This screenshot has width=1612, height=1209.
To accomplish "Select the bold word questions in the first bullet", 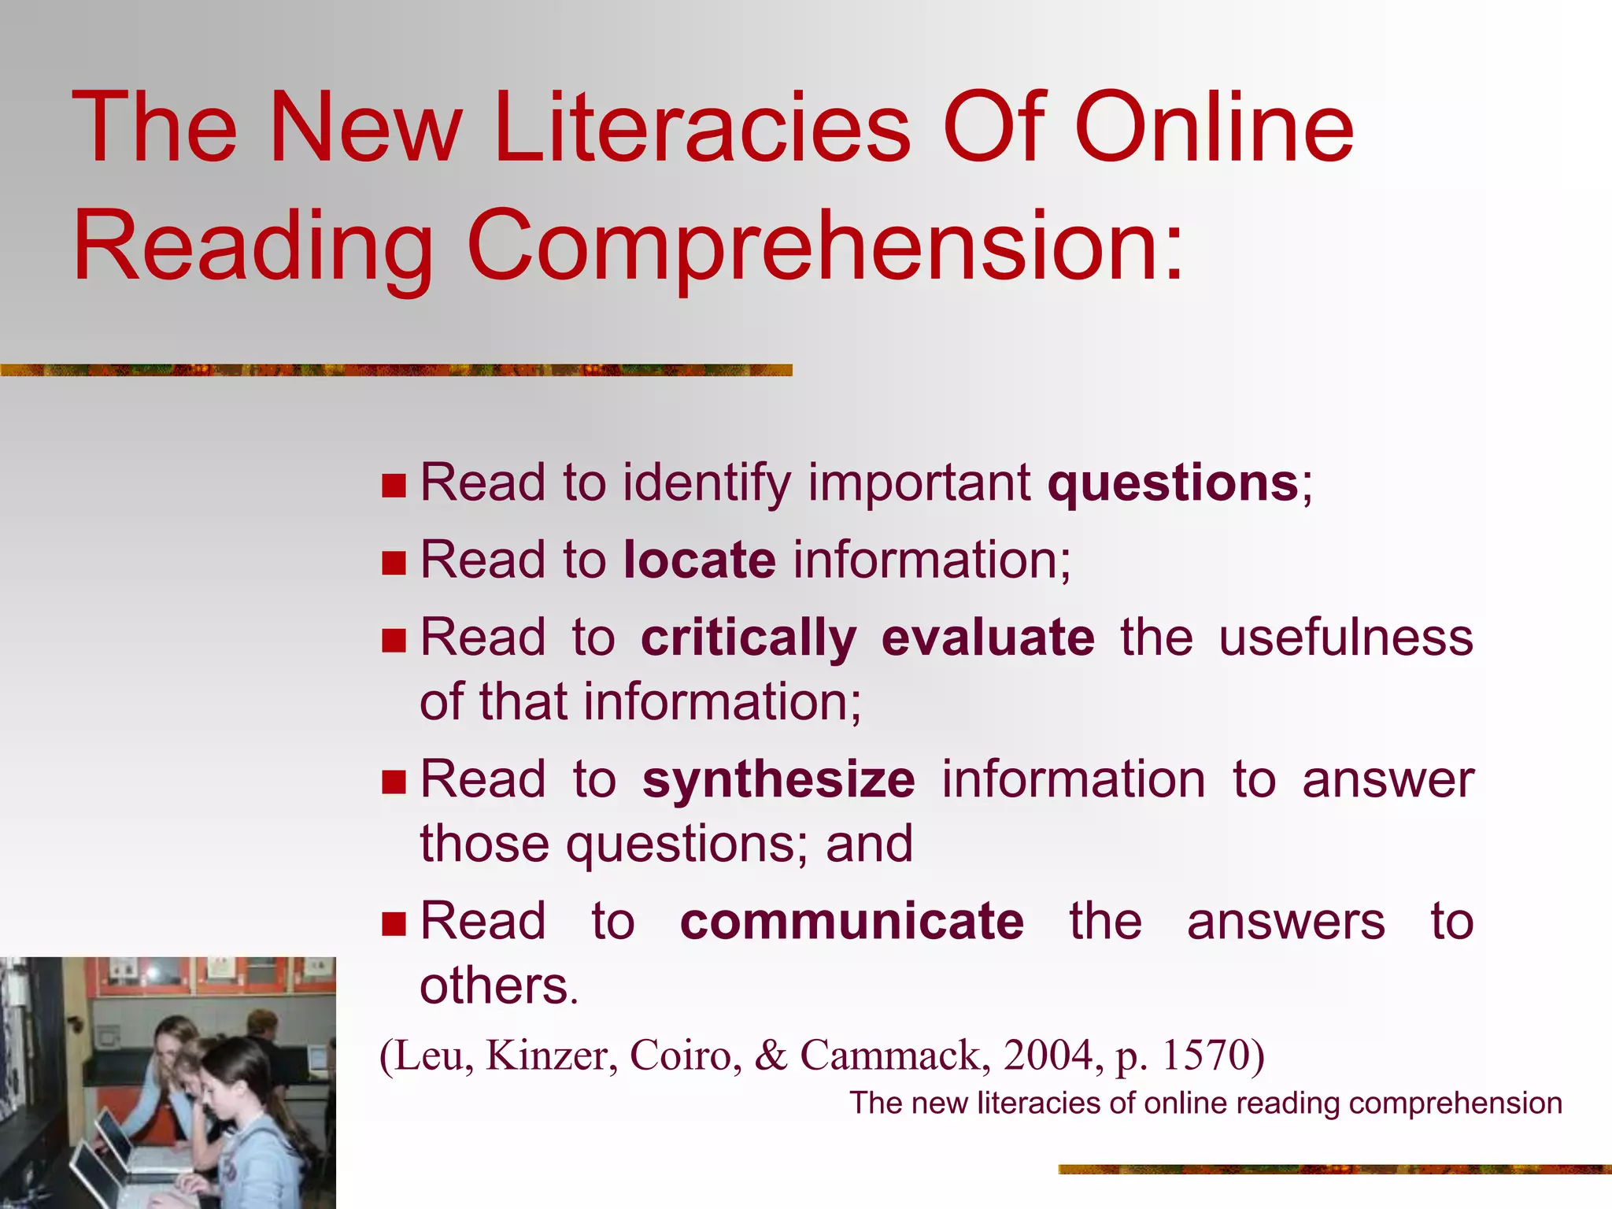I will [1173, 483].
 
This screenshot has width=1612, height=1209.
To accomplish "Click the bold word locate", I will [700, 560].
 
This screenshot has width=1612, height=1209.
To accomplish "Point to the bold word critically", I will [749, 638].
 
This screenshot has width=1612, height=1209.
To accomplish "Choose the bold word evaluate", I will [988, 638].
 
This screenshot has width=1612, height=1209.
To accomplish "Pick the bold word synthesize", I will [778, 780].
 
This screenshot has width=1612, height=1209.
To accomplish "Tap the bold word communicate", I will [852, 922].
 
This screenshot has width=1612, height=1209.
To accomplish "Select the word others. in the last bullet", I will [499, 985].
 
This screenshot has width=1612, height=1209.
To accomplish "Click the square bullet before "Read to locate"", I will [394, 563].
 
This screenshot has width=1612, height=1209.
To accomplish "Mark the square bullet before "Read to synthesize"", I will [394, 782].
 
